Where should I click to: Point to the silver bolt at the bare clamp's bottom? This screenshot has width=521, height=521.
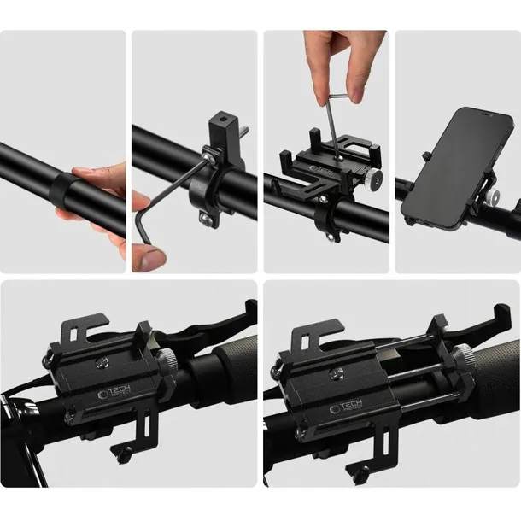204,220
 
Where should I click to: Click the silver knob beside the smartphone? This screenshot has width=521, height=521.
494,196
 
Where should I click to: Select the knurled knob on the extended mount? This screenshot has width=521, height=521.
465,364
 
